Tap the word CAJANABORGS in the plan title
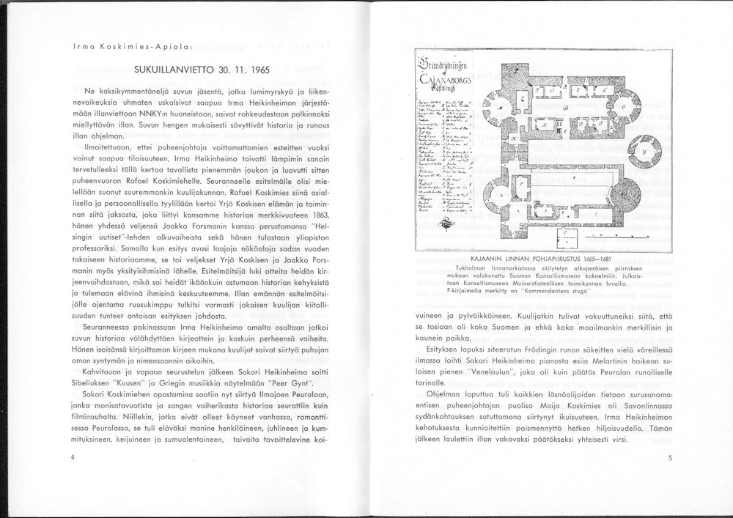[444, 78]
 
